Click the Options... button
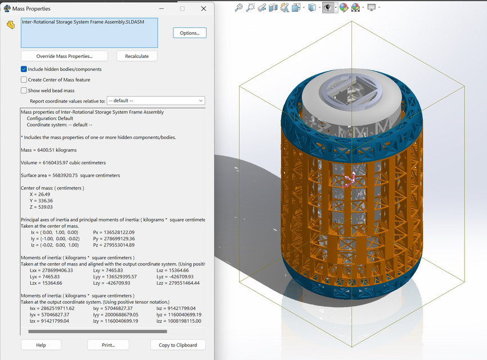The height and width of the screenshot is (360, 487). [190, 33]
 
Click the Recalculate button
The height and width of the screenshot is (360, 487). [137, 56]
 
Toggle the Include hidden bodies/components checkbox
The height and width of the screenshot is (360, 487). [24, 69]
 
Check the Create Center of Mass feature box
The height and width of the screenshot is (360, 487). [24, 80]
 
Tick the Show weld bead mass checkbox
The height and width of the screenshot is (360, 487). [24, 91]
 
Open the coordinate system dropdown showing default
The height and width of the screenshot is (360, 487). [156, 101]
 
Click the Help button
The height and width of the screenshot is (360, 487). [40, 345]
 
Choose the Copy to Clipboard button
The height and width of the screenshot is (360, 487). [178, 345]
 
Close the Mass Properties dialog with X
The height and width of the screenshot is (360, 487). [203, 8]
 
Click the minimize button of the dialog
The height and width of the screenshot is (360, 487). [161, 8]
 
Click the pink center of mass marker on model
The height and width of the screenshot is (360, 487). [351, 178]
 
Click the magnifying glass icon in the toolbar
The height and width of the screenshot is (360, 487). [238, 7]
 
